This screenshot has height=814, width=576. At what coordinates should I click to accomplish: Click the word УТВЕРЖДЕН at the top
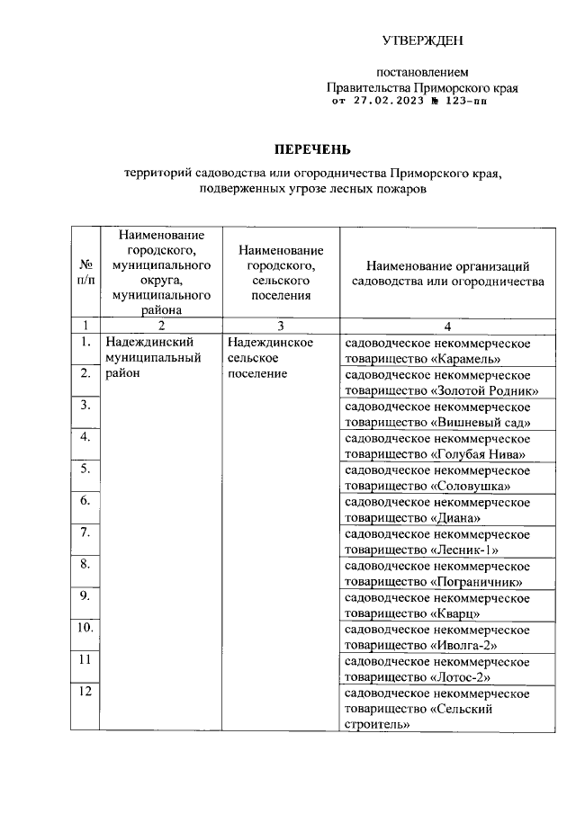click(423, 40)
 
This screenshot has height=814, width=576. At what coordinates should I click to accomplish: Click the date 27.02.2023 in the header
click(388, 102)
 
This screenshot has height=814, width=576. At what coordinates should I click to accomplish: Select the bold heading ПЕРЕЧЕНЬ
click(312, 148)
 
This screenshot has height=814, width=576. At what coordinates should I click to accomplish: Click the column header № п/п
click(86, 272)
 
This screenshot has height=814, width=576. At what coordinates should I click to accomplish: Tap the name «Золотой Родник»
click(485, 390)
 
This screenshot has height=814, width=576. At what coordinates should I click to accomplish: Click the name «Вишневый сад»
click(481, 423)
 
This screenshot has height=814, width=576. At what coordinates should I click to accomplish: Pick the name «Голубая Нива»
click(479, 454)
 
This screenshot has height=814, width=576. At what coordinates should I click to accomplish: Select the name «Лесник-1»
click(465, 550)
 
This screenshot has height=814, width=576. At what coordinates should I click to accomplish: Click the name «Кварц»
click(456, 614)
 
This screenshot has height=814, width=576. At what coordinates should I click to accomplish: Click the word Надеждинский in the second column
click(150, 342)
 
